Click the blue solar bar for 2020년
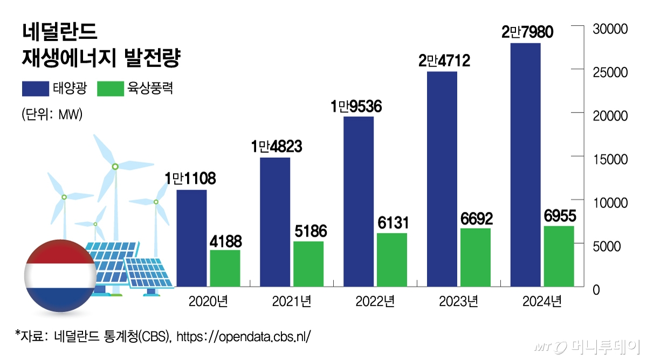pos(191,238)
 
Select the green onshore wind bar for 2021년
pos(308,264)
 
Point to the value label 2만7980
pos(527,32)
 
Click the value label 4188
pos(225,240)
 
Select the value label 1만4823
pos(276,147)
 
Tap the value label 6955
pos(559,216)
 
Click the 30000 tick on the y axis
pos(609,29)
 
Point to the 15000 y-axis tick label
pos(609,160)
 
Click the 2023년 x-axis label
pos(459,301)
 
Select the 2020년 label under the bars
pos(208,301)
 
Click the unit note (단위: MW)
pos(52,115)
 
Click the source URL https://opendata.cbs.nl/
pos(244,336)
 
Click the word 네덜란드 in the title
pos(60,32)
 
